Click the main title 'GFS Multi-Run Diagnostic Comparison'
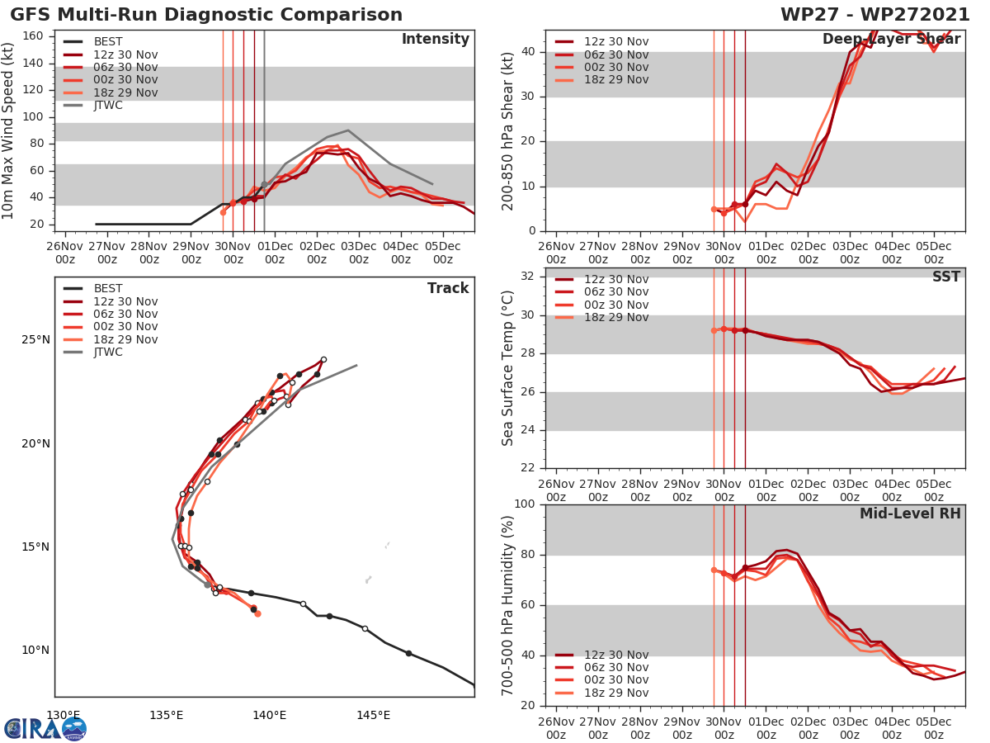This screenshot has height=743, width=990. tap(206, 15)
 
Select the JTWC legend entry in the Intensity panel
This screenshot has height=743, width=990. tap(108, 106)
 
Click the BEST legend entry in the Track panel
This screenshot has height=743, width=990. tap(108, 289)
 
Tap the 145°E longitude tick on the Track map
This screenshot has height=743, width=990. tap(373, 715)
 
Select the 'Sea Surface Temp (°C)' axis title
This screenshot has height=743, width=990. tap(508, 368)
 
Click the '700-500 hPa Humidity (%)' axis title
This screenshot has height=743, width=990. tap(508, 604)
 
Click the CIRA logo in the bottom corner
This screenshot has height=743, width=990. tap(45, 728)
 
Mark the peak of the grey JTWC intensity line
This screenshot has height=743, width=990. tap(348, 130)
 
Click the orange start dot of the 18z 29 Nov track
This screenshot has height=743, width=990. tap(257, 613)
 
